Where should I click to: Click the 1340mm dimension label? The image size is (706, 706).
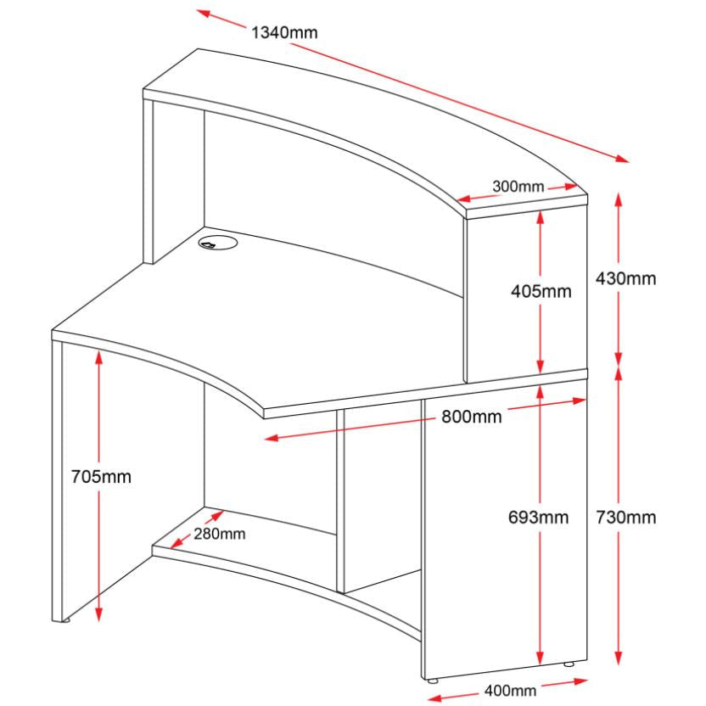click(284, 32)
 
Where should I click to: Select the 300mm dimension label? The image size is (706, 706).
click(518, 186)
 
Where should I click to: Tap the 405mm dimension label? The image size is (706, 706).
click(541, 291)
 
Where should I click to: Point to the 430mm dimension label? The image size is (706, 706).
click(626, 278)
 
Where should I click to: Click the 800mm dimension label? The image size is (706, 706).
click(472, 417)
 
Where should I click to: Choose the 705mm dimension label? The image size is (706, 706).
click(101, 476)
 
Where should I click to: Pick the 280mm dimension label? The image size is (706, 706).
click(220, 534)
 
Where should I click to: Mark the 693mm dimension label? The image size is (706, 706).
click(539, 517)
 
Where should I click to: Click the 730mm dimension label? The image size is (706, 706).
click(626, 518)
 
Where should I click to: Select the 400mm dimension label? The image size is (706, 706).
click(510, 690)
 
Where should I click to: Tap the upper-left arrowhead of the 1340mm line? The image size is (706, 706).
click(203, 13)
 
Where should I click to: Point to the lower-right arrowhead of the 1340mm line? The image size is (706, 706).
click(623, 159)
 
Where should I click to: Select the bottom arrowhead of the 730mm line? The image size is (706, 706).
click(619, 658)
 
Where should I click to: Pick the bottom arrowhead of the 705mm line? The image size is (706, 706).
click(99, 615)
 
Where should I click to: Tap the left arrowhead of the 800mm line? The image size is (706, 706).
click(272, 437)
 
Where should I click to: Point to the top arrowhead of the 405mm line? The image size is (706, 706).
click(541, 217)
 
